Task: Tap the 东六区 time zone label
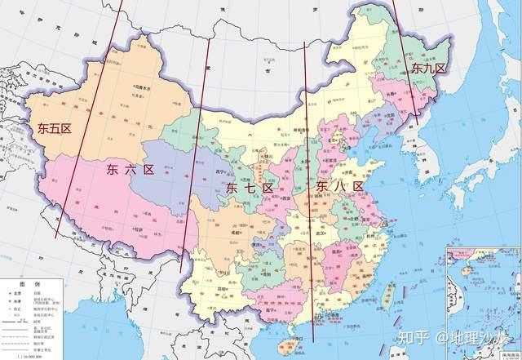point(130,170)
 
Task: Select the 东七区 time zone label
point(248,188)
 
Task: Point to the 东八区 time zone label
point(338,187)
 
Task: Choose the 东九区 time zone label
point(428,68)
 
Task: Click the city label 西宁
point(219,172)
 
